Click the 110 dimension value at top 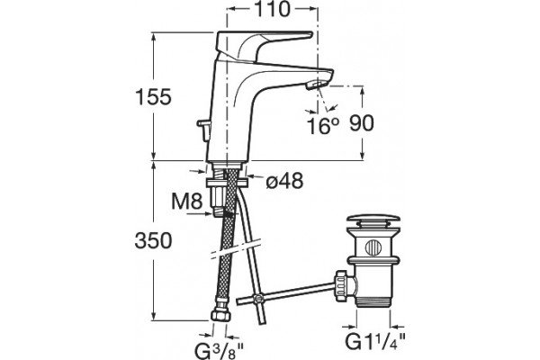click(272, 9)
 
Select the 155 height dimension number click(153, 97)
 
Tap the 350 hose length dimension click(153, 240)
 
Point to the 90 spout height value click(362, 123)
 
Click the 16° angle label click(322, 126)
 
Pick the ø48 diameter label click(284, 180)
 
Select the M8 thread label click(187, 202)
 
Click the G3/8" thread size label click(219, 350)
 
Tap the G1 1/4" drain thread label click(375, 342)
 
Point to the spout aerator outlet click(318, 84)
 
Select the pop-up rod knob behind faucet click(202, 130)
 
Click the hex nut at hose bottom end click(219, 316)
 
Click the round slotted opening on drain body click(373, 247)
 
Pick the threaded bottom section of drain click(373, 301)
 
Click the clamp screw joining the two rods click(256, 298)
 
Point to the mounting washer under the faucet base click(226, 182)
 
